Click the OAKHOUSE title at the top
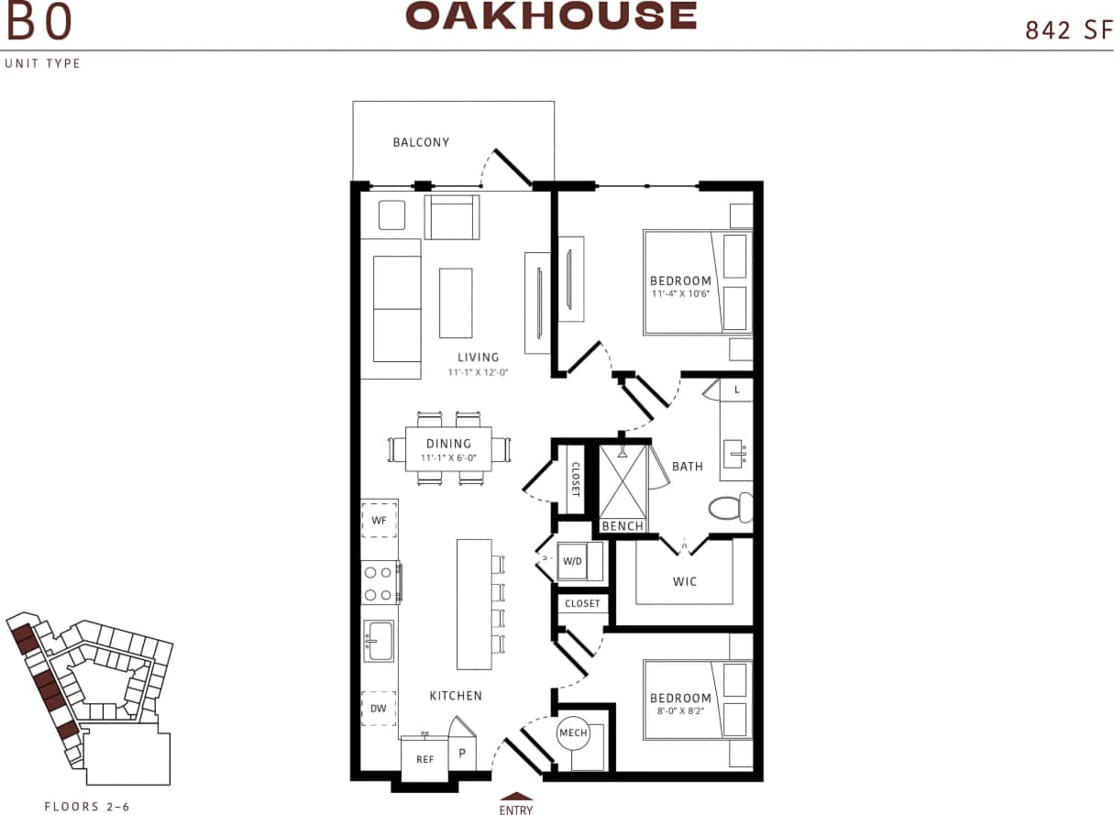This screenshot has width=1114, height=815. click(551, 16)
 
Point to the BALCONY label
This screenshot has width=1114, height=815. click(421, 142)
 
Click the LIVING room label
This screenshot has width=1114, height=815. click(479, 358)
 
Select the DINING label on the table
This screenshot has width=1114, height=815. click(448, 444)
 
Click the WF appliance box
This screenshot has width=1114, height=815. click(379, 520)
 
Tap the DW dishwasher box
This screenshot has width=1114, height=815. click(379, 708)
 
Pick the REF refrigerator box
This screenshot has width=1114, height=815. click(425, 759)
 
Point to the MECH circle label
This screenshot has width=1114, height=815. click(573, 732)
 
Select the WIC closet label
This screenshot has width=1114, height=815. click(685, 581)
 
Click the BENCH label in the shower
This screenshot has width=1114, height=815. click(623, 526)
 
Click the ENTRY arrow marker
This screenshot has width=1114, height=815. click(516, 797)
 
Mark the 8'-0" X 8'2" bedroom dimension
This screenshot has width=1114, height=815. click(681, 710)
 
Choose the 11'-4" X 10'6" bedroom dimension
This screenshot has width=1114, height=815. click(681, 293)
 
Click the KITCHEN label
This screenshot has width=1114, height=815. click(456, 696)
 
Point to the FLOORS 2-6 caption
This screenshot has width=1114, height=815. click(87, 807)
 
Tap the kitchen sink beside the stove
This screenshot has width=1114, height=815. click(379, 640)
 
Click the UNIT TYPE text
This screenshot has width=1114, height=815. click(43, 63)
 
